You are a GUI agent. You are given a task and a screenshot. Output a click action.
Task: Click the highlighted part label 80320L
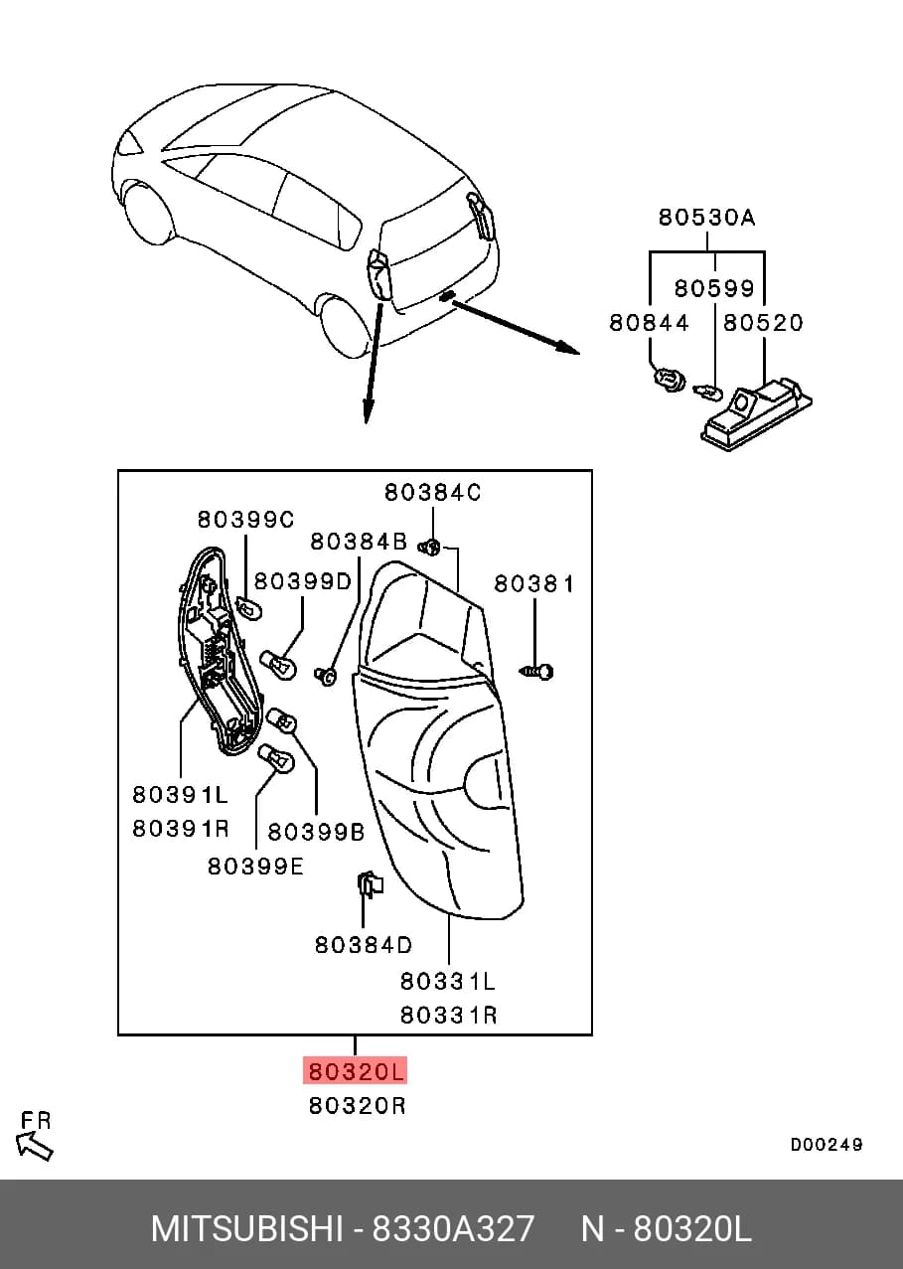[x=356, y=1071]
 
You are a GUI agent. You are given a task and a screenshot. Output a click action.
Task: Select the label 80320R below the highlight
[x=357, y=1105]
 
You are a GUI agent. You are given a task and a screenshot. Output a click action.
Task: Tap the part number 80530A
[x=706, y=218]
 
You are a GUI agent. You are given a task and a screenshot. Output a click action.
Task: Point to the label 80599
[x=714, y=289]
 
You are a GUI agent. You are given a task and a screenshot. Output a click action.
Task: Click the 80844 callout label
[x=649, y=323]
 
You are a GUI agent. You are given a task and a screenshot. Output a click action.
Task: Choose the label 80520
[x=763, y=323]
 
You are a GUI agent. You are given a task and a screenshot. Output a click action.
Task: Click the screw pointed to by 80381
[x=535, y=672]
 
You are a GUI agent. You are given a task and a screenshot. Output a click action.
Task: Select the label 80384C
[x=432, y=493]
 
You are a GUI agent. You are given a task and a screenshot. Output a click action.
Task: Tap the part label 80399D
[x=303, y=581]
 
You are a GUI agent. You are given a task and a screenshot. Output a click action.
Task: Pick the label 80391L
[x=180, y=795]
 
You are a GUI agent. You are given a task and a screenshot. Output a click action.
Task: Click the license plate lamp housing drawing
[x=756, y=411]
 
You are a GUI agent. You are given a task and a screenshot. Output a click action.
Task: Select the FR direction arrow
[x=34, y=1147]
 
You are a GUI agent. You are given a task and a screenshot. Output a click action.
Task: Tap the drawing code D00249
[x=827, y=1145]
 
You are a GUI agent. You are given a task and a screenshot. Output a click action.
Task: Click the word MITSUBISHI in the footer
[x=247, y=1229]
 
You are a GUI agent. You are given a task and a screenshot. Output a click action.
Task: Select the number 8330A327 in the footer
[x=453, y=1229]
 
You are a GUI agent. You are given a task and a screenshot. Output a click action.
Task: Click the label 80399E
[x=255, y=867]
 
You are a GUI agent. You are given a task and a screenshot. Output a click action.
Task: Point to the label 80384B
[x=359, y=543]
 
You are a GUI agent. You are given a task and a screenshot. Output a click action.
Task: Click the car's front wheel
[x=148, y=214]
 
